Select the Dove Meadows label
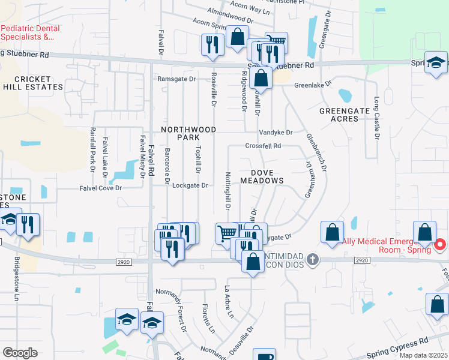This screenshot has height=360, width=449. pos(262,176)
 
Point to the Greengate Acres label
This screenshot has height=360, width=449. pos(347,115)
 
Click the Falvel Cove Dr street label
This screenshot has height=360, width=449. pos(101,188)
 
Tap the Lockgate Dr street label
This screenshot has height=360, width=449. pos(190,185)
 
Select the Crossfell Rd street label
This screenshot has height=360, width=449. pos(263,146)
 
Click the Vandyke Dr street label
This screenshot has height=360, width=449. pos(276,132)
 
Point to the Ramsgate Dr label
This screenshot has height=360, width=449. pos(176,79)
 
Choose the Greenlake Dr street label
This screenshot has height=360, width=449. pos(313,85)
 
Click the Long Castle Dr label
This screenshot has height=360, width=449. pos(377,118)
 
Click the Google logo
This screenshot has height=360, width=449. pos(20,353)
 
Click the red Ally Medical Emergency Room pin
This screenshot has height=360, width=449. pos(439,245)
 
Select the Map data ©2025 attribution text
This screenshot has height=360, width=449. pos(424,355)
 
